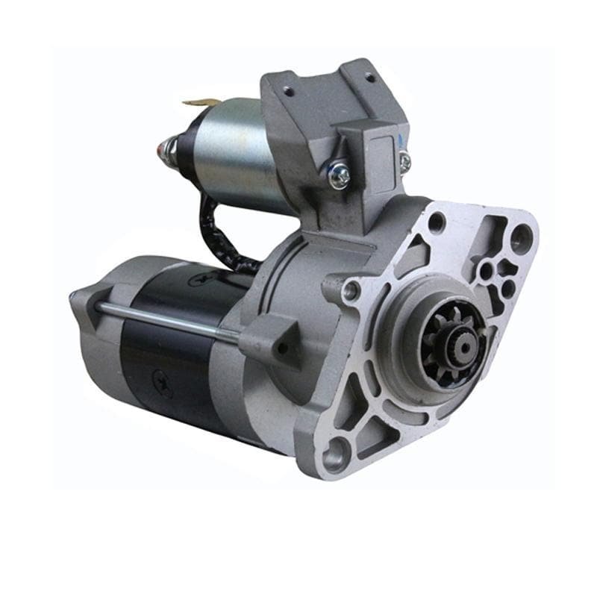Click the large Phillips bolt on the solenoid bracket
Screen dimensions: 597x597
340,175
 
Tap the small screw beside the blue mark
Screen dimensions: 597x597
404,161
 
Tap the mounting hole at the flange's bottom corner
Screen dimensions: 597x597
338,450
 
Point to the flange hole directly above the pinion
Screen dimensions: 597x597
437,222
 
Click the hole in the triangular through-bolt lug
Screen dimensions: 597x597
280,346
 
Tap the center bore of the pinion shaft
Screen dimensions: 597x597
458,345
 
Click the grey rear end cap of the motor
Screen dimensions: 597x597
97,328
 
